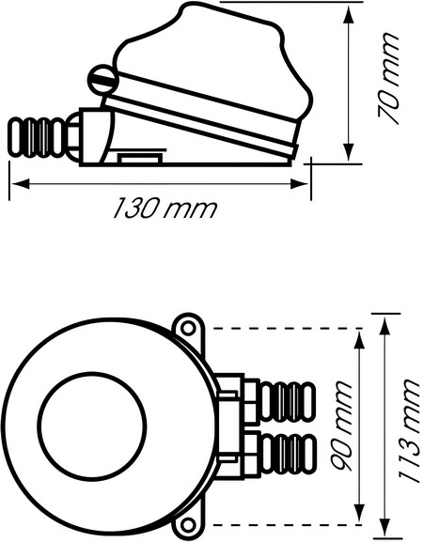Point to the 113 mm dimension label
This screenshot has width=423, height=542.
pyautogui.click(x=407, y=430)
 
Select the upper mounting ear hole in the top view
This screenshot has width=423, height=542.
pyautogui.click(x=188, y=330)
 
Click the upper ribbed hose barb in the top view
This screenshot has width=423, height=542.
pyautogui.click(x=287, y=401)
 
